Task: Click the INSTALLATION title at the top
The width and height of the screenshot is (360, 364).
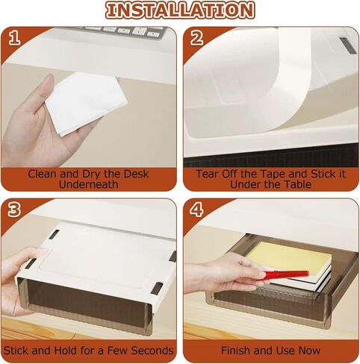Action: [x=180, y=10]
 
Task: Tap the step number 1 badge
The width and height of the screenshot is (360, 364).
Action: [x=14, y=38]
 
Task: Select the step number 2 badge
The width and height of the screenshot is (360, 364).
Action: [x=196, y=38]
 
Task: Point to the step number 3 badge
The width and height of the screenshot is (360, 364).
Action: [x=14, y=209]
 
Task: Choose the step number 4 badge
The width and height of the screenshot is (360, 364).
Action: [x=196, y=209]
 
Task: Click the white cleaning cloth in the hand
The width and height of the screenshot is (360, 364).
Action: [x=86, y=103]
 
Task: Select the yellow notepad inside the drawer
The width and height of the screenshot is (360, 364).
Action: [x=289, y=256]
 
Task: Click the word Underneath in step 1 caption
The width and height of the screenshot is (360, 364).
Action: [x=89, y=185]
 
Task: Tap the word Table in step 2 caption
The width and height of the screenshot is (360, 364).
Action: [x=298, y=185]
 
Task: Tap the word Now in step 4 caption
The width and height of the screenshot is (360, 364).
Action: [x=309, y=351]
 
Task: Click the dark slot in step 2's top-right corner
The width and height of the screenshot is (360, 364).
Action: [x=347, y=45]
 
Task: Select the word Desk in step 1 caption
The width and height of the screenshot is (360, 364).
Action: [x=136, y=174]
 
